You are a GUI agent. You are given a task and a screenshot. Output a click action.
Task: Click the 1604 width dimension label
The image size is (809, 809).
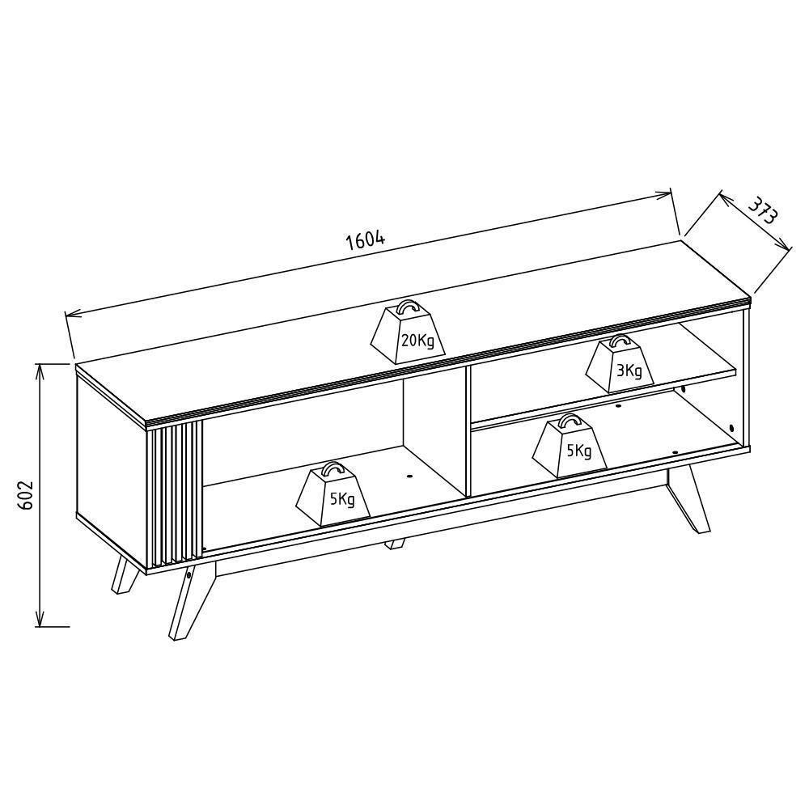pos(366,239)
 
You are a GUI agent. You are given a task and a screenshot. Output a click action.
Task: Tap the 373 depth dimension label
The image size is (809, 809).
pos(763,210)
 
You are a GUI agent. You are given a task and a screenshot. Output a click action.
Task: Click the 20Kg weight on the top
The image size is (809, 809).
pos(408,332)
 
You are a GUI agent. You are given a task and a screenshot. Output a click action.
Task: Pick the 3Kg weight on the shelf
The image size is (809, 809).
pos(620,363)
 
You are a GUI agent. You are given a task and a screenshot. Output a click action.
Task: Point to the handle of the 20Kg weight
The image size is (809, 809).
pos(408,306)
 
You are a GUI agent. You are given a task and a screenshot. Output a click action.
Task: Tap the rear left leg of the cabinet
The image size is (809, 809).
pos(125,573)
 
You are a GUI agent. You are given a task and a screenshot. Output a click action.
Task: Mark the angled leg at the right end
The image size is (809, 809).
pos(688,498)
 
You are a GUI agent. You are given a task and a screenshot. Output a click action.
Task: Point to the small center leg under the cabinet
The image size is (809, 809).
pos(396,544)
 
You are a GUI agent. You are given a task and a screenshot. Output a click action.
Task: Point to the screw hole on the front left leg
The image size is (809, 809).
pos(190,574)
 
